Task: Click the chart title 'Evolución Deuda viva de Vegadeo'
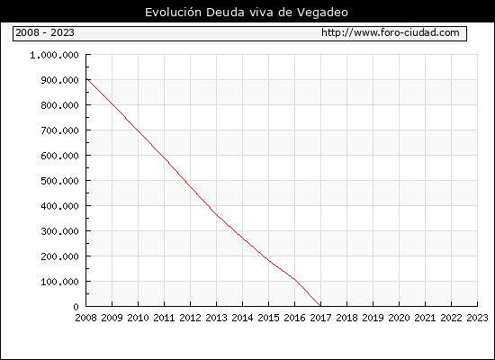pos(247,13)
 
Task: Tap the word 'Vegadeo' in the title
pos(322,13)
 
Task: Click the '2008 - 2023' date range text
pos(45,32)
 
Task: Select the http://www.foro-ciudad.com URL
pos(391,32)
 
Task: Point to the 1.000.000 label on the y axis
pos(54,55)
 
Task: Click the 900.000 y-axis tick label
pos(59,80)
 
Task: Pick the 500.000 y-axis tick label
pos(59,181)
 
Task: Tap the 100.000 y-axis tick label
pos(59,282)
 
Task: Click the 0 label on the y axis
pos(76,307)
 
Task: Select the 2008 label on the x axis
pos(85,318)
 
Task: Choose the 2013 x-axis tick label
pos(216,318)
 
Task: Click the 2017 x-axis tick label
pos(320,318)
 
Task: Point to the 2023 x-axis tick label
pos(477,318)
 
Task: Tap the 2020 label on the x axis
pos(399,318)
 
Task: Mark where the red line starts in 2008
pos(86,78)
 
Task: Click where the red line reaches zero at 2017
pos(320,306)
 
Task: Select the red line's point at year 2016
pos(294,279)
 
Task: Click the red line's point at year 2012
pos(191,187)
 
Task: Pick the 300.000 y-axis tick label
pos(59,231)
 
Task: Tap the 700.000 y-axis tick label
pos(59,130)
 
